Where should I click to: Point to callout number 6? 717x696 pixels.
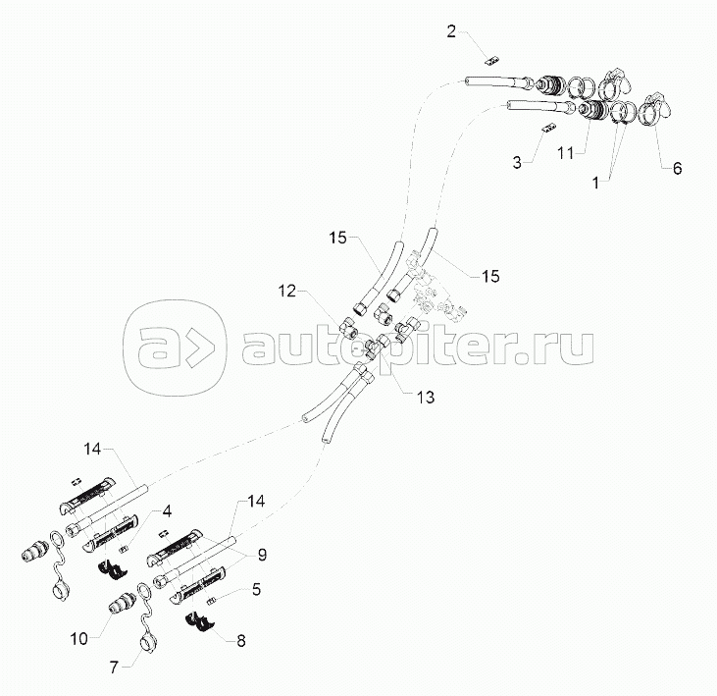point(676,168)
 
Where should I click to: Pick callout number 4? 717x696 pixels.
point(168,511)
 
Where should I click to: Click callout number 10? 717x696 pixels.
point(78,639)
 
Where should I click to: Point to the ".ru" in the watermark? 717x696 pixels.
point(563,347)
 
